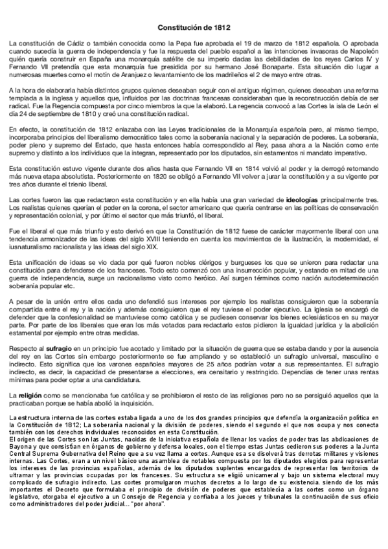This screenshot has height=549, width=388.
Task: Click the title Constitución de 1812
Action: tap(194, 28)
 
